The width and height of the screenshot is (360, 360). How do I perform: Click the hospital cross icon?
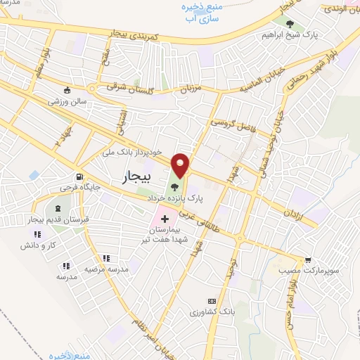tap(165, 220)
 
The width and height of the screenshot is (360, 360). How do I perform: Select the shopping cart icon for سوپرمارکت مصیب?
tap(307, 259)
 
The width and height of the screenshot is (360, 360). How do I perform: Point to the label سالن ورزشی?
tap(67, 101)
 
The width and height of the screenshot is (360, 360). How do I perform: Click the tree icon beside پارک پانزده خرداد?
tap(174, 188)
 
